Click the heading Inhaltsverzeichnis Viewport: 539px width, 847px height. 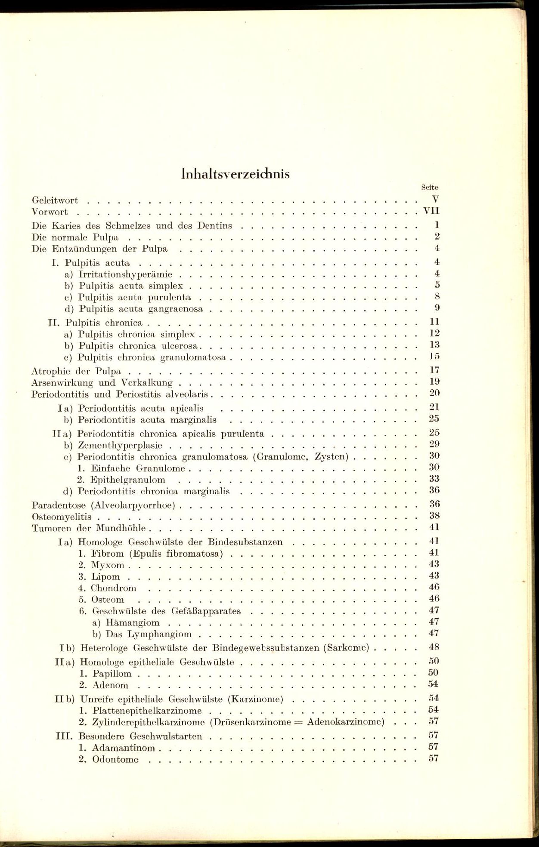click(235, 174)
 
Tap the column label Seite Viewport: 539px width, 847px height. click(429, 188)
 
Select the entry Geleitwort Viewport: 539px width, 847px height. click(55, 200)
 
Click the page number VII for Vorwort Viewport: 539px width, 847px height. click(431, 211)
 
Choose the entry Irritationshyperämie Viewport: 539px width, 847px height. click(125, 274)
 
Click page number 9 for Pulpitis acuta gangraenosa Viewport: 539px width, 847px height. click(437, 308)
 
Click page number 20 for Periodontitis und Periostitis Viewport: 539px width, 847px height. click(434, 393)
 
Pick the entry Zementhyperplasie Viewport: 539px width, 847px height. click(120, 446)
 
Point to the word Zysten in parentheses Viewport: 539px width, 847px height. click(331, 456)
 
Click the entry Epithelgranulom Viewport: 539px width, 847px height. click(127, 480)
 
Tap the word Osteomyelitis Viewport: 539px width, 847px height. click(62, 517)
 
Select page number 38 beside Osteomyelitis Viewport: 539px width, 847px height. click(434, 515)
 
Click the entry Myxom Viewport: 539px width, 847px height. click(108, 565)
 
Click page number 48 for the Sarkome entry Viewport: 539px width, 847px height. click(434, 647)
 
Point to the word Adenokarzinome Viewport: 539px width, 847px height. click(345, 722)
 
